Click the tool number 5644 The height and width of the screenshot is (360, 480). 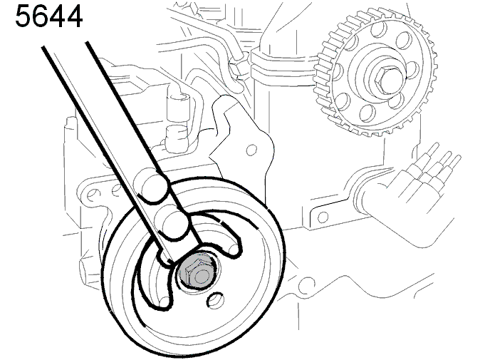pos(48,16)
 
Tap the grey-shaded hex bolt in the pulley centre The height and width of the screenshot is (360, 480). pos(194,272)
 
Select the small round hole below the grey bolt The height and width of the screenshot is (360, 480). pos(216,300)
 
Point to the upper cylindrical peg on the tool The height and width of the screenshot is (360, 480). pos(155,187)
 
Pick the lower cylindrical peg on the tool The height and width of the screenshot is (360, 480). pos(175,225)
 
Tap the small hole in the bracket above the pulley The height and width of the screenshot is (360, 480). pos(251,150)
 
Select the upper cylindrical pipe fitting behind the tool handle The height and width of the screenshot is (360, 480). pos(177,101)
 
